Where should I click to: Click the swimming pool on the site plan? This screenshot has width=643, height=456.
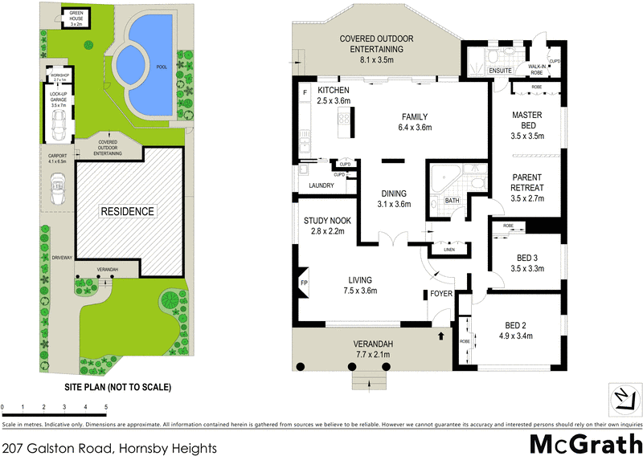click(x=149, y=64)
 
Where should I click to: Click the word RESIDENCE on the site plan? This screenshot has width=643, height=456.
click(x=127, y=211)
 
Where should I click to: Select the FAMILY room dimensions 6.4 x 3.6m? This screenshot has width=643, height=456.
click(x=416, y=127)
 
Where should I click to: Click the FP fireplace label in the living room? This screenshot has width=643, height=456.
click(x=304, y=283)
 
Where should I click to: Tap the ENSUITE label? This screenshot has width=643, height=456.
click(x=500, y=71)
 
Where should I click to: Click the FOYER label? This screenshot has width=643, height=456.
click(x=441, y=294)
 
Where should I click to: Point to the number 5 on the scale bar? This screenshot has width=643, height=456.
click(x=106, y=409)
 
